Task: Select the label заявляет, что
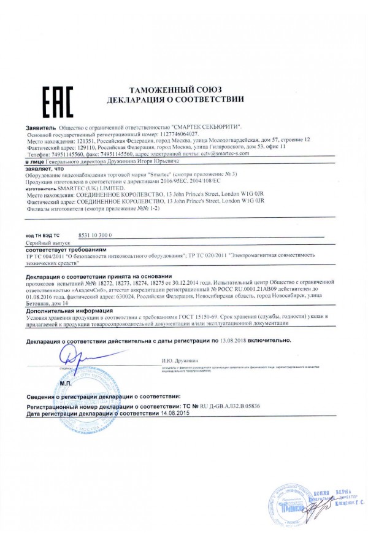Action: (45, 168)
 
